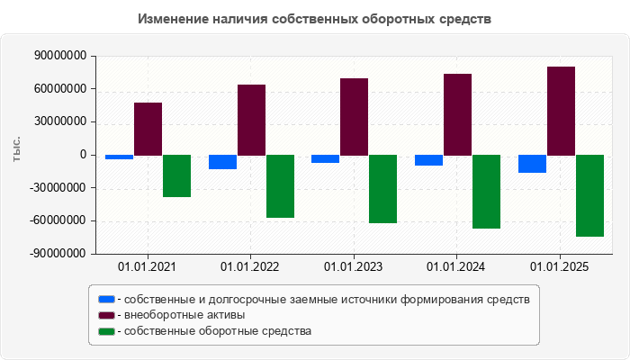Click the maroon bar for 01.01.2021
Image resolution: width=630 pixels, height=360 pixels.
tap(148, 129)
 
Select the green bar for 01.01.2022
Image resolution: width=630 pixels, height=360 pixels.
tap(280, 186)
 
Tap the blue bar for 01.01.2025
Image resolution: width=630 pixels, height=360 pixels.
tap(532, 164)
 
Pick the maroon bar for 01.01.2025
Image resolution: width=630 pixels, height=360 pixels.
tap(561, 111)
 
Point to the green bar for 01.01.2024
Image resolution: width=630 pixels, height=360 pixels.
tap(486, 192)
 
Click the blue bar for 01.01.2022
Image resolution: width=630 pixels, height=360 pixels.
tap(222, 162)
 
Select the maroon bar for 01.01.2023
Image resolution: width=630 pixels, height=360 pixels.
tap(355, 117)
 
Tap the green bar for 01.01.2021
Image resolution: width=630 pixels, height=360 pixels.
tap(176, 175)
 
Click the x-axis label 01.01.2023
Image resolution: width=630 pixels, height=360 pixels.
tap(354, 267)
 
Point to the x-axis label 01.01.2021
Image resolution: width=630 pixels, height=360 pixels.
tap(148, 267)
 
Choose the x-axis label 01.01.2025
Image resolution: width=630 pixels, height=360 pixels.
tap(560, 267)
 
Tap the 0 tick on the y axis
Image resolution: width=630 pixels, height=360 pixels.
tap(83, 155)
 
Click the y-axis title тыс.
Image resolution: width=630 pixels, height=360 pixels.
tap(16, 150)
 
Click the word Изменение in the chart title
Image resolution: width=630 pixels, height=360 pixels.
tap(176, 19)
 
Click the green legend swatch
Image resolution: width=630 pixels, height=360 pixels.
tap(106, 331)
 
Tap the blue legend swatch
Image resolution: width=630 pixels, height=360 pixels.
tap(106, 299)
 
